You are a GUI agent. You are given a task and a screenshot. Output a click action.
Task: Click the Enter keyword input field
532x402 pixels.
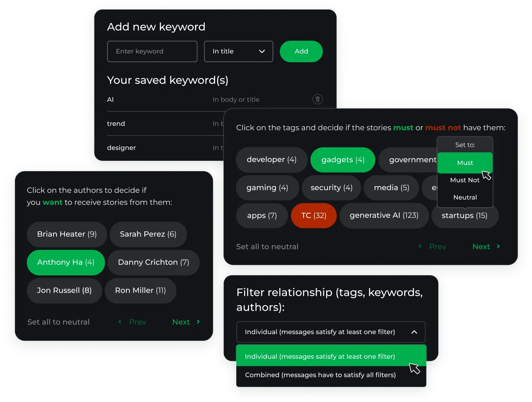coord(152,52)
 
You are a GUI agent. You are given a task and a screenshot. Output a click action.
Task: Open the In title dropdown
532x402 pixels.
coord(238,52)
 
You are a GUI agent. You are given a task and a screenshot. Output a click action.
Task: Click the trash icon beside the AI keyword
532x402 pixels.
coord(317,99)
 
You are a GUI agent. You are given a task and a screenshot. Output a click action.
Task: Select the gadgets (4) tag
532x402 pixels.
coord(342,160)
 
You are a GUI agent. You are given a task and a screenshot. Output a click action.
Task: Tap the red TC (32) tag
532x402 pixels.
coord(313,216)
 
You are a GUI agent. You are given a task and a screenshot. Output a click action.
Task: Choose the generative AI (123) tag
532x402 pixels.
coord(384,216)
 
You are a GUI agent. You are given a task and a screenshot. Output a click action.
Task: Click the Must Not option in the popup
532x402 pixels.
coord(464,180)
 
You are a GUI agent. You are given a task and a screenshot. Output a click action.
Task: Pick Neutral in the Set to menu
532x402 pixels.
coord(465,198)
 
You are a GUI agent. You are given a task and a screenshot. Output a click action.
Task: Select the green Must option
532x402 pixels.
coord(464,163)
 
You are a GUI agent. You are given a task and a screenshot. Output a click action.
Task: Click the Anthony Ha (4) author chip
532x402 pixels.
coord(66,262)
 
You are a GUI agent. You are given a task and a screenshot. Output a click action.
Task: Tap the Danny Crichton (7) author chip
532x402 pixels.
coord(153,262)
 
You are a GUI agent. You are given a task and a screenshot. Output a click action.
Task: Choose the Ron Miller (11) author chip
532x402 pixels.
coord(140,291)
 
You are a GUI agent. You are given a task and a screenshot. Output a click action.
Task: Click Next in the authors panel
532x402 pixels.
coord(186,322)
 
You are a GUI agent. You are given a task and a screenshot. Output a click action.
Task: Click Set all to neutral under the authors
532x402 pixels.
coord(58,322)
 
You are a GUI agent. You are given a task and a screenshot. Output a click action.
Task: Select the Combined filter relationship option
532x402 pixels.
coord(320,375)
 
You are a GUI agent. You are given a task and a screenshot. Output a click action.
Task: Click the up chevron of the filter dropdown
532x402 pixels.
coord(414,332)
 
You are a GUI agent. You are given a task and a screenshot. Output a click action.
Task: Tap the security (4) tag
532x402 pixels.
coord(331,188)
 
